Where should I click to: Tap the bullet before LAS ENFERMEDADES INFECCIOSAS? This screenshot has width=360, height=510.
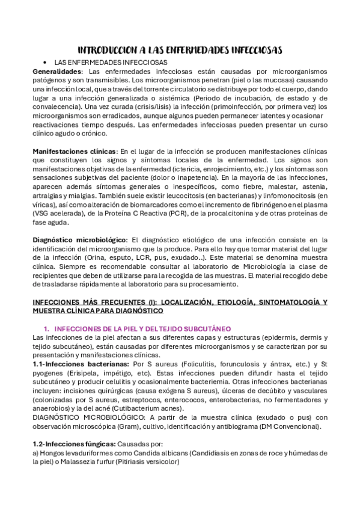45,63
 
